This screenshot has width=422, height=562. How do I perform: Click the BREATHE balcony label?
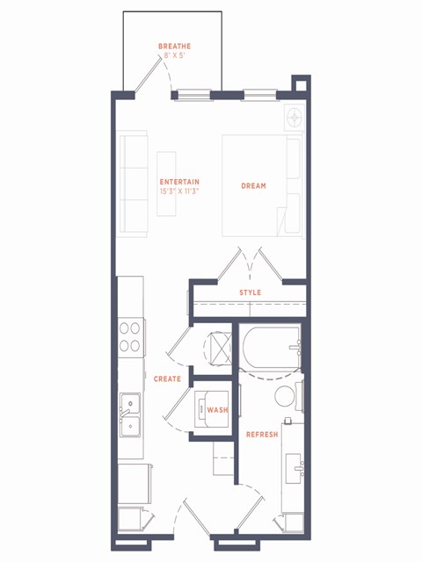[x=174, y=46]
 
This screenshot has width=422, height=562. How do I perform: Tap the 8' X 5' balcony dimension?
[x=174, y=55]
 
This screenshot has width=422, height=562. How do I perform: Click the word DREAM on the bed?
[x=253, y=186]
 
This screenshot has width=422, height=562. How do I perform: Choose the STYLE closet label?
[x=250, y=292]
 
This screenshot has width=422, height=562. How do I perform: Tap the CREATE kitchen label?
[x=167, y=379]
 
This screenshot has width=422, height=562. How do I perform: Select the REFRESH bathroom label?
[x=262, y=436]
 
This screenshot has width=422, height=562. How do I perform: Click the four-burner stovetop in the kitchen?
[x=130, y=335]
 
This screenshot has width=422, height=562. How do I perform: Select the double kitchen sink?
[x=129, y=414]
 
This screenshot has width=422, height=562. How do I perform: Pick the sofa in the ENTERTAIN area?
[x=134, y=183]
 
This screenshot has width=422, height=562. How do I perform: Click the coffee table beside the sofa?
[x=167, y=183]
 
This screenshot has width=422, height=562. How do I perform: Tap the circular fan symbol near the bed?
[x=295, y=116]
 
